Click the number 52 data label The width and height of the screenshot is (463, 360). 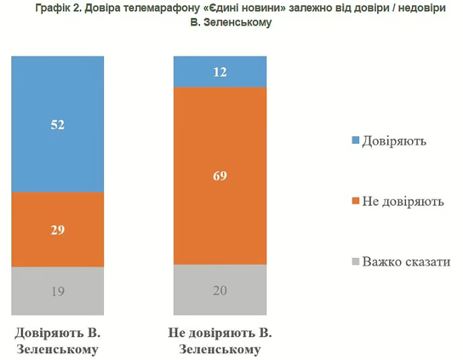58,124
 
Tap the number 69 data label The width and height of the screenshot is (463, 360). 220,177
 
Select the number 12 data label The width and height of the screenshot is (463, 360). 220,72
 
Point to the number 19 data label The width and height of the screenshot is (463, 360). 58,291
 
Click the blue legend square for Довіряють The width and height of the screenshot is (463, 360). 356,141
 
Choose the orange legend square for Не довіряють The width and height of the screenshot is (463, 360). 356,201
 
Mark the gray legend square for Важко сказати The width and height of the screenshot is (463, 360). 356,261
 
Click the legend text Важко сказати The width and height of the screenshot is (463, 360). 406,261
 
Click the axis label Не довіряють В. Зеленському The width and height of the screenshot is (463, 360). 220,341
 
